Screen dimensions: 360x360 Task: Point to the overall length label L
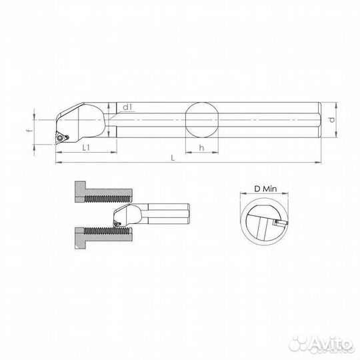pyautogui.click(x=173, y=157)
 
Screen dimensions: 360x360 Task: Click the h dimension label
pyautogui.click(x=200, y=148)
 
